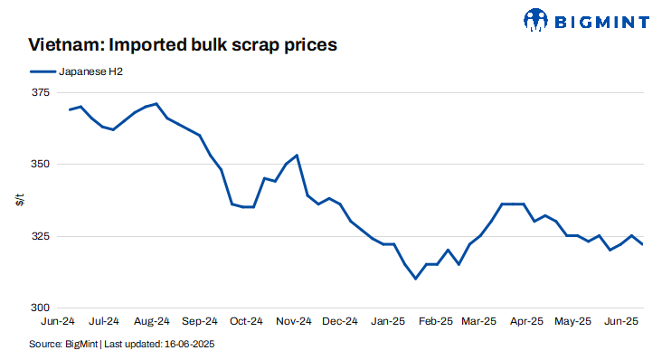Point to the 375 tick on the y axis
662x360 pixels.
coord(42,92)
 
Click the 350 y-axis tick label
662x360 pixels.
coord(42,165)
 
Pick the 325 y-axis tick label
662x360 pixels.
coord(42,236)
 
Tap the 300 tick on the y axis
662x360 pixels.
coord(42,308)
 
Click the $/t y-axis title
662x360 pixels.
coord(20,200)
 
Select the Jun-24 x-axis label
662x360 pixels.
coord(58,320)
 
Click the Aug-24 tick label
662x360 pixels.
coord(152,320)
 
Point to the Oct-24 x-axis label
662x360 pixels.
coord(246,320)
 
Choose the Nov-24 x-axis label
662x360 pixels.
coord(292,320)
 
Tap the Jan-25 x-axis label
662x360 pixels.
coord(386,320)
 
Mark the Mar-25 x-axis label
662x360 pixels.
coord(478,320)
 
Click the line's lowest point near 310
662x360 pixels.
coord(415,279)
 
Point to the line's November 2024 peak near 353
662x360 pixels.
coord(297,156)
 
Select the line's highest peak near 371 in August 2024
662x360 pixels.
coord(156,104)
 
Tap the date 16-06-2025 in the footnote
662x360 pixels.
coord(189,345)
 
